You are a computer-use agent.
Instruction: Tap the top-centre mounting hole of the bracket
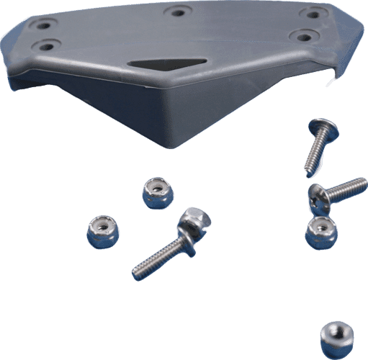[175, 12]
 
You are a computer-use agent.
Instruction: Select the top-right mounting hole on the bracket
[313, 13]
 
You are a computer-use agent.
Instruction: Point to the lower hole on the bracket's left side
[47, 46]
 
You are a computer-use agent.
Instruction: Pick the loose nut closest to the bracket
[155, 193]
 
